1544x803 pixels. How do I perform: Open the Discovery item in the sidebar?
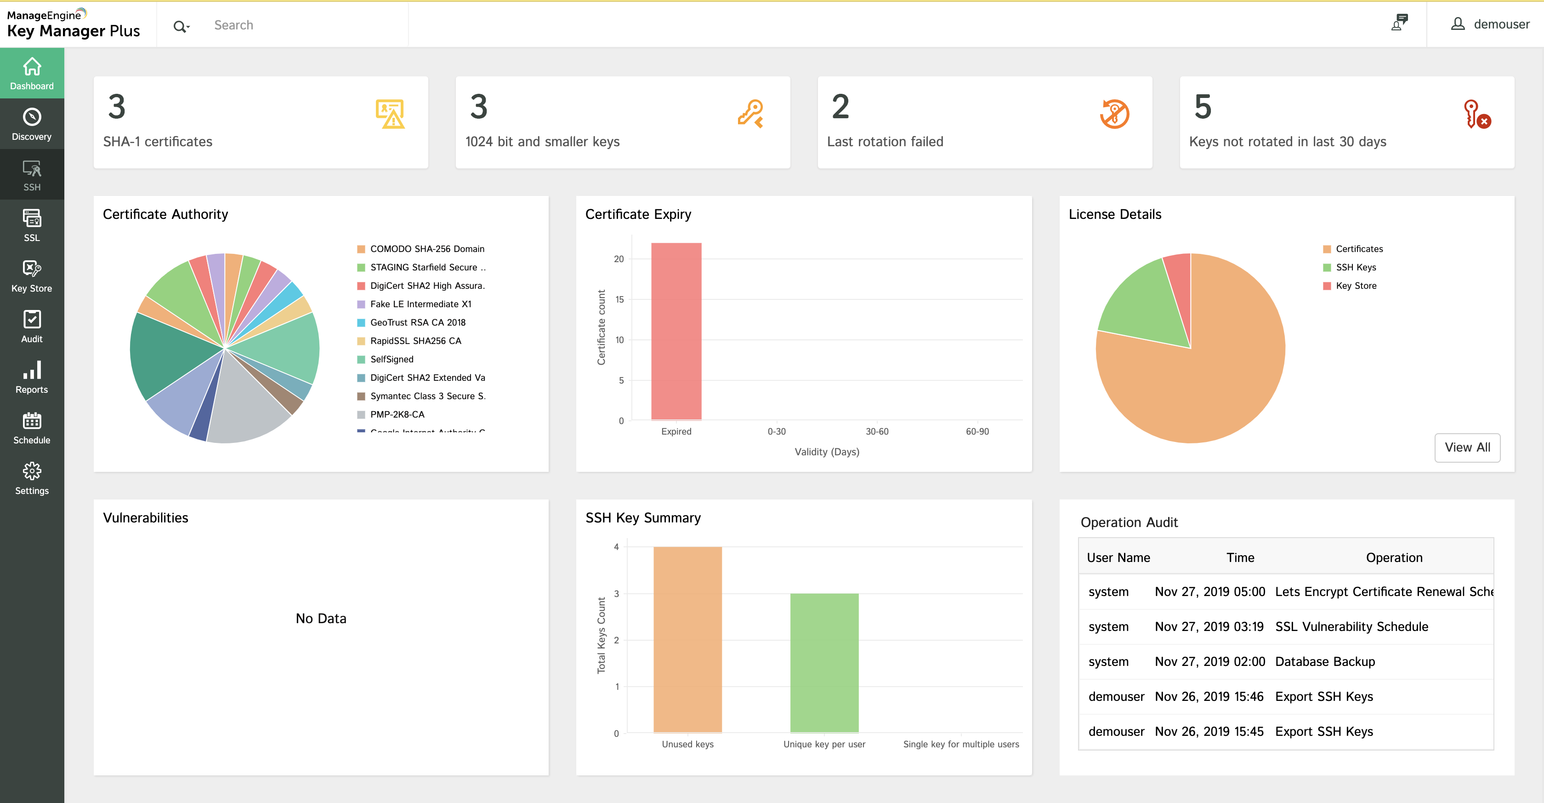click(x=32, y=124)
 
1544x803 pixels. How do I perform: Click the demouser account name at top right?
click(x=1501, y=24)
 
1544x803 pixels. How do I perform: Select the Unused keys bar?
click(x=687, y=639)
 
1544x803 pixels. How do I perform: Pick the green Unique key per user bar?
click(x=824, y=663)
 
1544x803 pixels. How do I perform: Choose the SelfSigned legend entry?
click(x=392, y=359)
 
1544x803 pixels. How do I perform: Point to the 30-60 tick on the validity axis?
click(x=877, y=431)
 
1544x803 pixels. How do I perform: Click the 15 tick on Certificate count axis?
click(x=619, y=299)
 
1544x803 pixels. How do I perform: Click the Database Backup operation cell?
click(x=1325, y=661)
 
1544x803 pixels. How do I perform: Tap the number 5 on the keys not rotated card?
click(x=1203, y=107)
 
